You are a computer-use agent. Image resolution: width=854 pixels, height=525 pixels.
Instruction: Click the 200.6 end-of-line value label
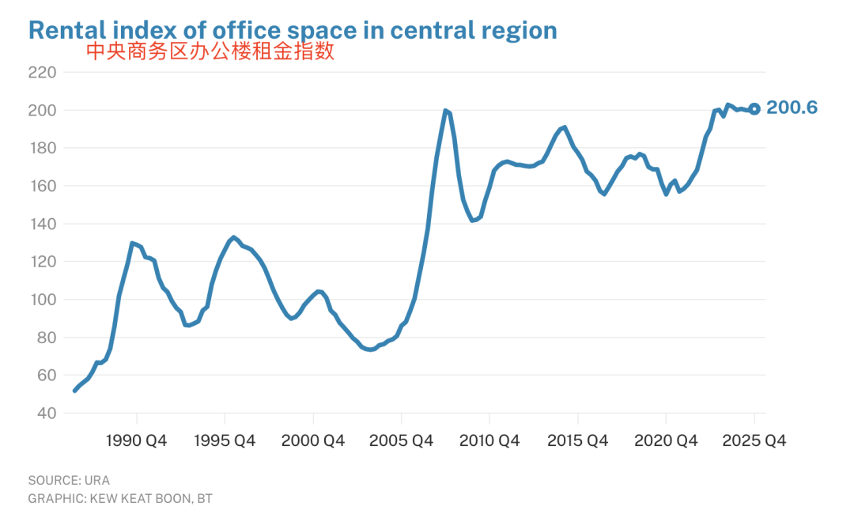(x=792, y=108)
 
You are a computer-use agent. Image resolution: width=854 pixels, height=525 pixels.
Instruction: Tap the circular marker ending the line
(x=754, y=109)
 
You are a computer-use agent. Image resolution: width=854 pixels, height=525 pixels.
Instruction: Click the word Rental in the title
(x=66, y=30)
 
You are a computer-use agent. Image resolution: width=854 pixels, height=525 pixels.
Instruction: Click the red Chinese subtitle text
(x=210, y=52)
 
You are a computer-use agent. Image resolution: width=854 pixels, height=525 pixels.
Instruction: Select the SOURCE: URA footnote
(x=69, y=480)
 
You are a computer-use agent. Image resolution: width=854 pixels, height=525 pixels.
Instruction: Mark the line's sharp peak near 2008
(x=446, y=111)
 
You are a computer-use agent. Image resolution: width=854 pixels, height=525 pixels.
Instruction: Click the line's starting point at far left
(x=74, y=391)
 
